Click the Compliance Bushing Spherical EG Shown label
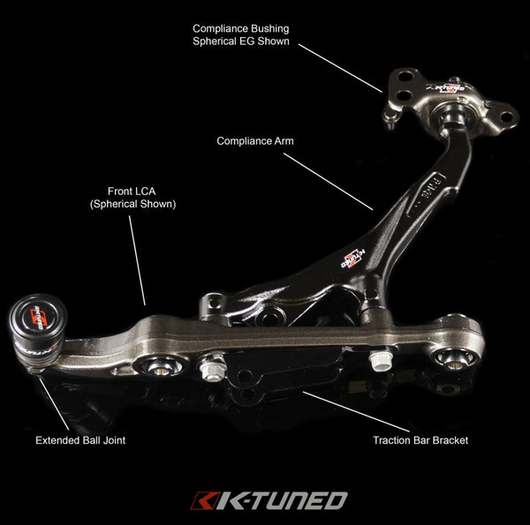click(x=240, y=34)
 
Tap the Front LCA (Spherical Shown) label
click(x=132, y=196)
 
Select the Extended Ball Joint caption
click(x=80, y=439)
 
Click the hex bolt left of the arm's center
click(x=213, y=366)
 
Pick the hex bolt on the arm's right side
click(x=380, y=360)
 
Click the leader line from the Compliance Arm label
click(x=329, y=181)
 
